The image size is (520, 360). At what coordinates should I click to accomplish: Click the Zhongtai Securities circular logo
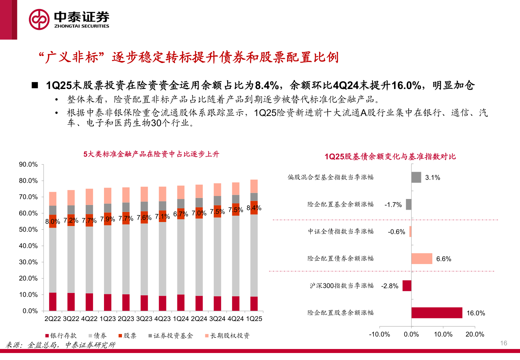pos(39,19)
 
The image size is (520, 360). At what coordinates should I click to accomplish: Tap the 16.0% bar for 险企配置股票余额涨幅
pos(437,313)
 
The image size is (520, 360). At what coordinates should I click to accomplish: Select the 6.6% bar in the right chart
pos(422,259)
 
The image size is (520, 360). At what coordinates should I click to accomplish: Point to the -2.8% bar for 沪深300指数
pos(407,286)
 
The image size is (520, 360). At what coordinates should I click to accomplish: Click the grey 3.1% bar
pos(416,177)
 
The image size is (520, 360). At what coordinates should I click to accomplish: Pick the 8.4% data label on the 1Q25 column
pos(254,208)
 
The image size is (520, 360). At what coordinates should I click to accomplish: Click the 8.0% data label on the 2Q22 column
pos(53,222)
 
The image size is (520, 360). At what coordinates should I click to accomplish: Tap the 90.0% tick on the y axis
pos(28,164)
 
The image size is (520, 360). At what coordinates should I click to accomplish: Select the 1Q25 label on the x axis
pos(254,319)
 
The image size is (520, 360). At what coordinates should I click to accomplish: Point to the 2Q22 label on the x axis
pos(53,319)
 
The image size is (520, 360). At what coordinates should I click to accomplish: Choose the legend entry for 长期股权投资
pos(227,336)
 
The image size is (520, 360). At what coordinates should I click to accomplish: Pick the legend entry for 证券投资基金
pos(171,336)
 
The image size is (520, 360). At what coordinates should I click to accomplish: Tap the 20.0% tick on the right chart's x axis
pos(475,334)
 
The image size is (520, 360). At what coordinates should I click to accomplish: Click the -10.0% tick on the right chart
pos(379,334)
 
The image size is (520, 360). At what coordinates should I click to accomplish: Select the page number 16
pos(503,343)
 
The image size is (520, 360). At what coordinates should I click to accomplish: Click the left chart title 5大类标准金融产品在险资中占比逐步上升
pos(151,154)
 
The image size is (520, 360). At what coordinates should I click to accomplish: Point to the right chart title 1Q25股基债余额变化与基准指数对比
pos(390,157)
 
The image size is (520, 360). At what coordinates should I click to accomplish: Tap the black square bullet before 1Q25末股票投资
pos(35,85)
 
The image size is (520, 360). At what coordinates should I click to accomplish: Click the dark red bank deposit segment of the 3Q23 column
pos(144,303)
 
